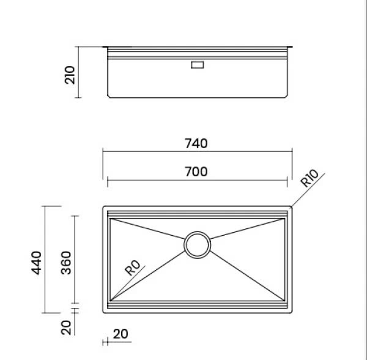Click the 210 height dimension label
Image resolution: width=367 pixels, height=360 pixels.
tap(69, 75)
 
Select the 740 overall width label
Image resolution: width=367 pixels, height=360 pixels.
tap(196, 143)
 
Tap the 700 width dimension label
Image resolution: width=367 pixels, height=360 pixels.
tap(196, 171)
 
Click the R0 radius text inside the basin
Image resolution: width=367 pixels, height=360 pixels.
tap(132, 268)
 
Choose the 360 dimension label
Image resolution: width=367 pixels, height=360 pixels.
tap(67, 262)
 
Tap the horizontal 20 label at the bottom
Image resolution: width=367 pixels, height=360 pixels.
tap(120, 334)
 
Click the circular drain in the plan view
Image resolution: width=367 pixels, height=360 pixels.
tap(198, 244)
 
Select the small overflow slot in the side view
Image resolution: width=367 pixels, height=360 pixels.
tap(198, 64)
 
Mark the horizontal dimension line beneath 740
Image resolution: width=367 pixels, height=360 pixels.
tap(196, 152)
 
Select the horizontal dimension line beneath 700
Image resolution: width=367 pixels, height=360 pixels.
tap(196, 181)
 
